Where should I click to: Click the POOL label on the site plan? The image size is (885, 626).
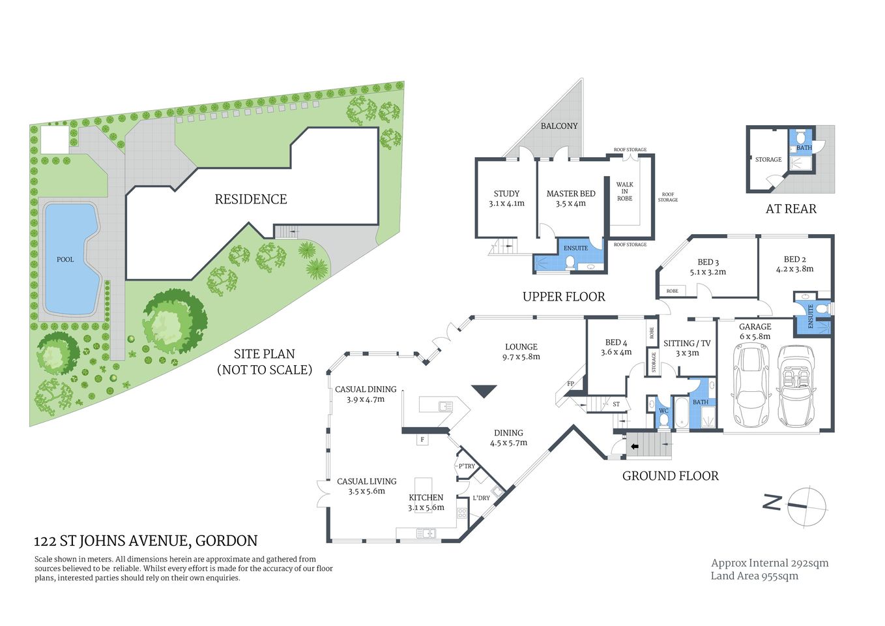pyautogui.click(x=65, y=260)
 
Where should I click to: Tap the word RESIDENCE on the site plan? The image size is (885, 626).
pyautogui.click(x=251, y=200)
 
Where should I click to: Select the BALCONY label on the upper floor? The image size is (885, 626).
pyautogui.click(x=559, y=126)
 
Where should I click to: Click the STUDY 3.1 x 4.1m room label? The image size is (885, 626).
pyautogui.click(x=506, y=198)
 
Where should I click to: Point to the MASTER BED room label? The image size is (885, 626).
pyautogui.click(x=571, y=194)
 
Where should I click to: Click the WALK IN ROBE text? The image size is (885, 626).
pyautogui.click(x=624, y=192)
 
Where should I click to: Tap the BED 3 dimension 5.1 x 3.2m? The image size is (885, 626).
pyautogui.click(x=708, y=272)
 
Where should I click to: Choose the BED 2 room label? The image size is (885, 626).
pyautogui.click(x=794, y=259)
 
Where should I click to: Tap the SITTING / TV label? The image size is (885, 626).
pyautogui.click(x=687, y=344)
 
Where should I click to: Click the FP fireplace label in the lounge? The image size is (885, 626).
pyautogui.click(x=570, y=384)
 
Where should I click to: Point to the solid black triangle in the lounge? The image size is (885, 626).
pyautogui.click(x=484, y=391)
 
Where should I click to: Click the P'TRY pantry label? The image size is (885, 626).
pyautogui.click(x=467, y=466)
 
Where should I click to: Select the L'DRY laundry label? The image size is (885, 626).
pyautogui.click(x=481, y=498)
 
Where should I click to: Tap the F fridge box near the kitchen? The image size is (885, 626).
pyautogui.click(x=422, y=440)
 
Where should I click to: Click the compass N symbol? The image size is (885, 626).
pyautogui.click(x=772, y=503)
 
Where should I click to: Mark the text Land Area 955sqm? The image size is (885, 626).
pyautogui.click(x=754, y=576)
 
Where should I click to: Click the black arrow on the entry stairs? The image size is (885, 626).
pyautogui.click(x=634, y=447)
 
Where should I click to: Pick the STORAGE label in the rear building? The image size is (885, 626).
pyautogui.click(x=768, y=159)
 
